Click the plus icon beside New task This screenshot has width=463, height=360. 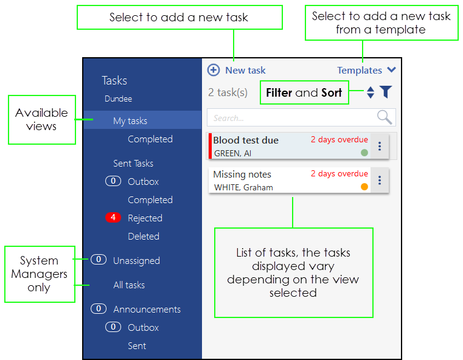point(214,70)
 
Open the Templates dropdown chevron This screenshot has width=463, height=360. point(392,70)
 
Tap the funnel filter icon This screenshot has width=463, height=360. point(386,92)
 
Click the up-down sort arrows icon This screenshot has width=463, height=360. point(371,92)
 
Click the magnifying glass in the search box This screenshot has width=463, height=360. point(385,117)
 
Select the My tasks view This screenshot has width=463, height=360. point(130,120)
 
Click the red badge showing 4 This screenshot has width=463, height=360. point(113,218)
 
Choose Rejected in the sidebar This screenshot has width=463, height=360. point(145,218)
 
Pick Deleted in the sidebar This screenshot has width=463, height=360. point(144,237)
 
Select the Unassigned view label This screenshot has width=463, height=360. point(136,261)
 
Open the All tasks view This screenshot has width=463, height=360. point(129,285)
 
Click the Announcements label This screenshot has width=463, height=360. point(147,310)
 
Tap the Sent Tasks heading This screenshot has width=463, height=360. point(133,164)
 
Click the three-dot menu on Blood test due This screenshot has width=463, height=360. point(380,146)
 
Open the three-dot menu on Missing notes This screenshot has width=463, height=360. point(380,180)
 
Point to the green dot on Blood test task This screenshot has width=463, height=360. point(364,153)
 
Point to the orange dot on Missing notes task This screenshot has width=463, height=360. point(364,187)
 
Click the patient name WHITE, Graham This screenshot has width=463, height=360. point(243,188)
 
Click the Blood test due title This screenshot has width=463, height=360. point(246,140)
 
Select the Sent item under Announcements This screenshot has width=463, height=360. point(137,346)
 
